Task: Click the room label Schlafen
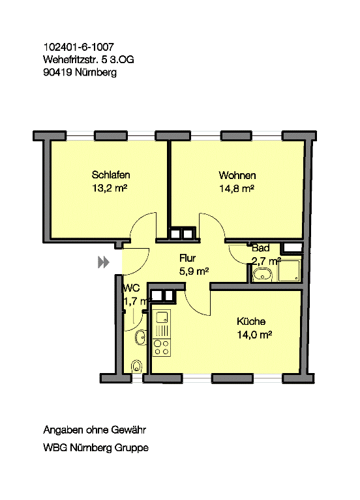(110, 174)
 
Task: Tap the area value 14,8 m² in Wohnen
(236, 189)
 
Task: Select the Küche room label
(251, 321)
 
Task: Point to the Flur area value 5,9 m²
(194, 271)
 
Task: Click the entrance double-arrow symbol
(104, 262)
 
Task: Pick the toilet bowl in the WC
(136, 367)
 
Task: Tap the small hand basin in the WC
(141, 337)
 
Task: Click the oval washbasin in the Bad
(262, 274)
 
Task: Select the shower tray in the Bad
(289, 271)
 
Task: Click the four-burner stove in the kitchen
(161, 348)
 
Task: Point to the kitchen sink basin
(162, 316)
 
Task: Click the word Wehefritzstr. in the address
(71, 60)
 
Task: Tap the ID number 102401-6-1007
(78, 47)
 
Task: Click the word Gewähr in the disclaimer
(128, 430)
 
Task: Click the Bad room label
(261, 248)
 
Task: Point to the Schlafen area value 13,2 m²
(110, 188)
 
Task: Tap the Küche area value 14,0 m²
(254, 335)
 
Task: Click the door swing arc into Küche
(193, 307)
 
